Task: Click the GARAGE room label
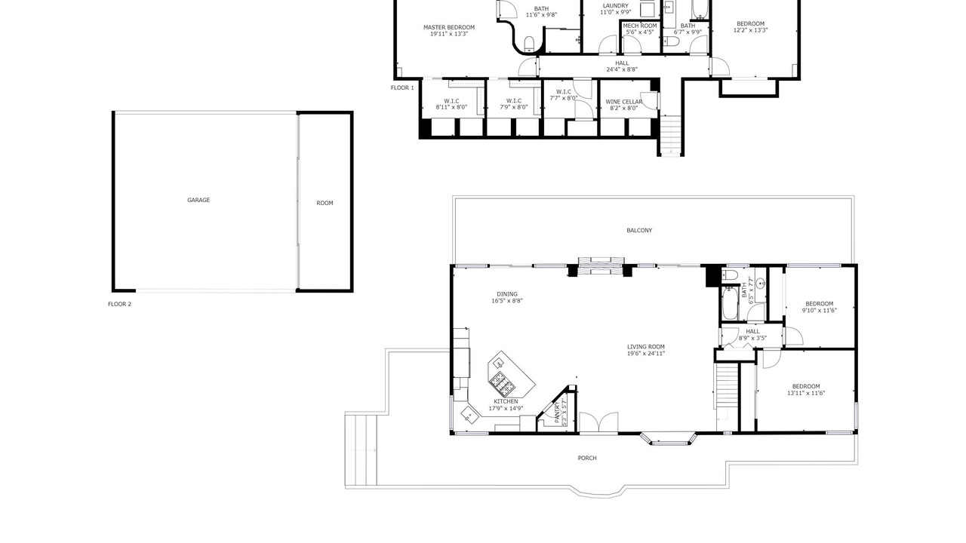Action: click(198, 200)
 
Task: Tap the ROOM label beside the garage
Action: click(325, 203)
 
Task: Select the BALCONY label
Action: click(639, 231)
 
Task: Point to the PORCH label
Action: click(587, 458)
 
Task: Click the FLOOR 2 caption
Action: click(119, 304)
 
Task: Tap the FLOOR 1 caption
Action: click(402, 88)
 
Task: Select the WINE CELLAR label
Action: click(623, 102)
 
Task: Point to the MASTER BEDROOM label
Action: click(449, 28)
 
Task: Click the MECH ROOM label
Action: click(640, 26)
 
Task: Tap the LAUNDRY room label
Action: click(615, 6)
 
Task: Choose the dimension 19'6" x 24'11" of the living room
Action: click(646, 354)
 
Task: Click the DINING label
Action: click(507, 294)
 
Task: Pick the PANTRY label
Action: click(557, 412)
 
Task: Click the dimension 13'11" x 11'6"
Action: click(806, 393)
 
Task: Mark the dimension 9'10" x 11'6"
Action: click(820, 310)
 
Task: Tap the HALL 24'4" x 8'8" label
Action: click(622, 66)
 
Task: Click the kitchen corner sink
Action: click(469, 415)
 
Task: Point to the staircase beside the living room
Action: click(726, 385)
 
